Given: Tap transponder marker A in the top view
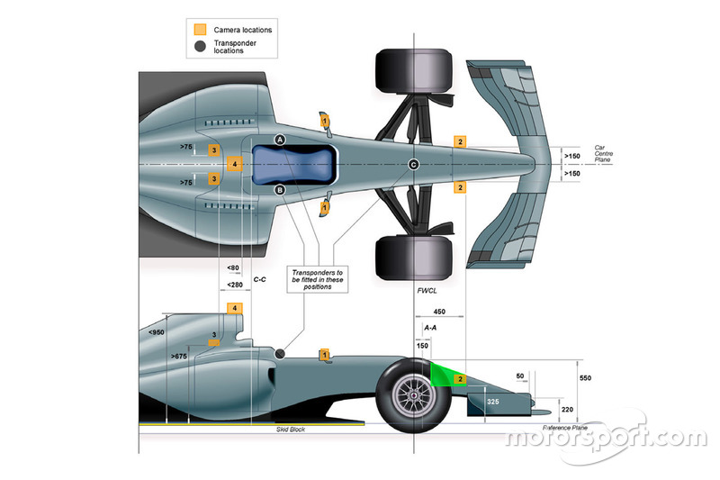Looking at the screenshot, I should click(x=280, y=140).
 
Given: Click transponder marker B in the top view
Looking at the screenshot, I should click(x=280, y=189).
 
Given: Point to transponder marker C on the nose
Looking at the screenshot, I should click(x=414, y=164).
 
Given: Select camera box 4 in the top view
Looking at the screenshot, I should click(x=234, y=164).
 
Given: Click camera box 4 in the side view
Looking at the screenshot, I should click(x=235, y=309).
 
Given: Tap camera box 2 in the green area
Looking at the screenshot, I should click(x=459, y=379).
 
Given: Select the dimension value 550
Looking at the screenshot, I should click(x=586, y=378).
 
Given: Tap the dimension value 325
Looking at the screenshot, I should click(x=492, y=399).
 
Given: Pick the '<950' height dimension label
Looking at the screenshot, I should click(x=157, y=332).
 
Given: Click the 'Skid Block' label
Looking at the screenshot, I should click(x=291, y=430).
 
